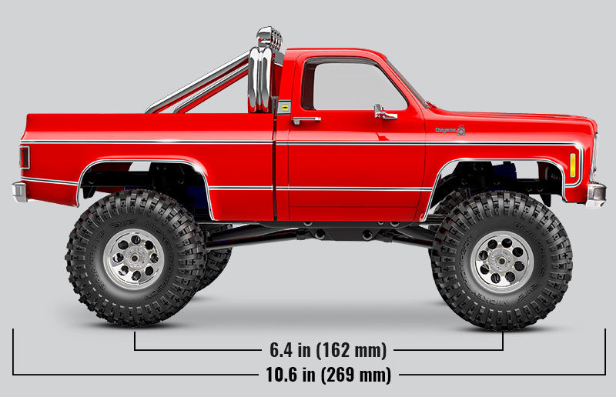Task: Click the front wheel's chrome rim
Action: [x=502, y=261]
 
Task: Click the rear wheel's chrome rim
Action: [x=134, y=259]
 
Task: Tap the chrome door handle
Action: [x=306, y=120]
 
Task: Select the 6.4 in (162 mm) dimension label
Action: [x=328, y=350]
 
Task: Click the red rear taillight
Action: [x=25, y=157]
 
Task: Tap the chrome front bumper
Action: [x=595, y=193]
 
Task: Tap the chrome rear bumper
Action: [x=19, y=190]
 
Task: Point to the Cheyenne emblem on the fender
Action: [x=450, y=131]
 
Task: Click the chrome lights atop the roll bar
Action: [x=268, y=37]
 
